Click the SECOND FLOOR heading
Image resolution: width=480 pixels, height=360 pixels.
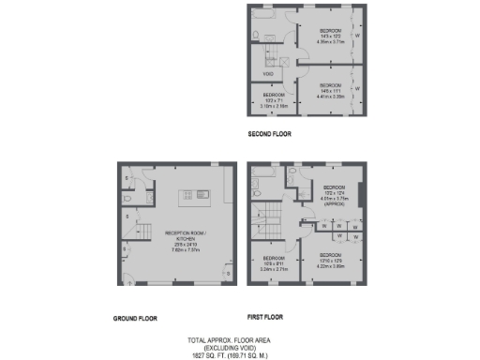coord(269,134)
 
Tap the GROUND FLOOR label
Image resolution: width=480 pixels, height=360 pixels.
coord(135,319)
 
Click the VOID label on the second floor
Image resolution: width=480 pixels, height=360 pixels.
coord(268,74)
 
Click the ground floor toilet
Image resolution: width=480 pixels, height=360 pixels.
coord(127,198)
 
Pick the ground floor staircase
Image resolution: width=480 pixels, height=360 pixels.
coord(133,233)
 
